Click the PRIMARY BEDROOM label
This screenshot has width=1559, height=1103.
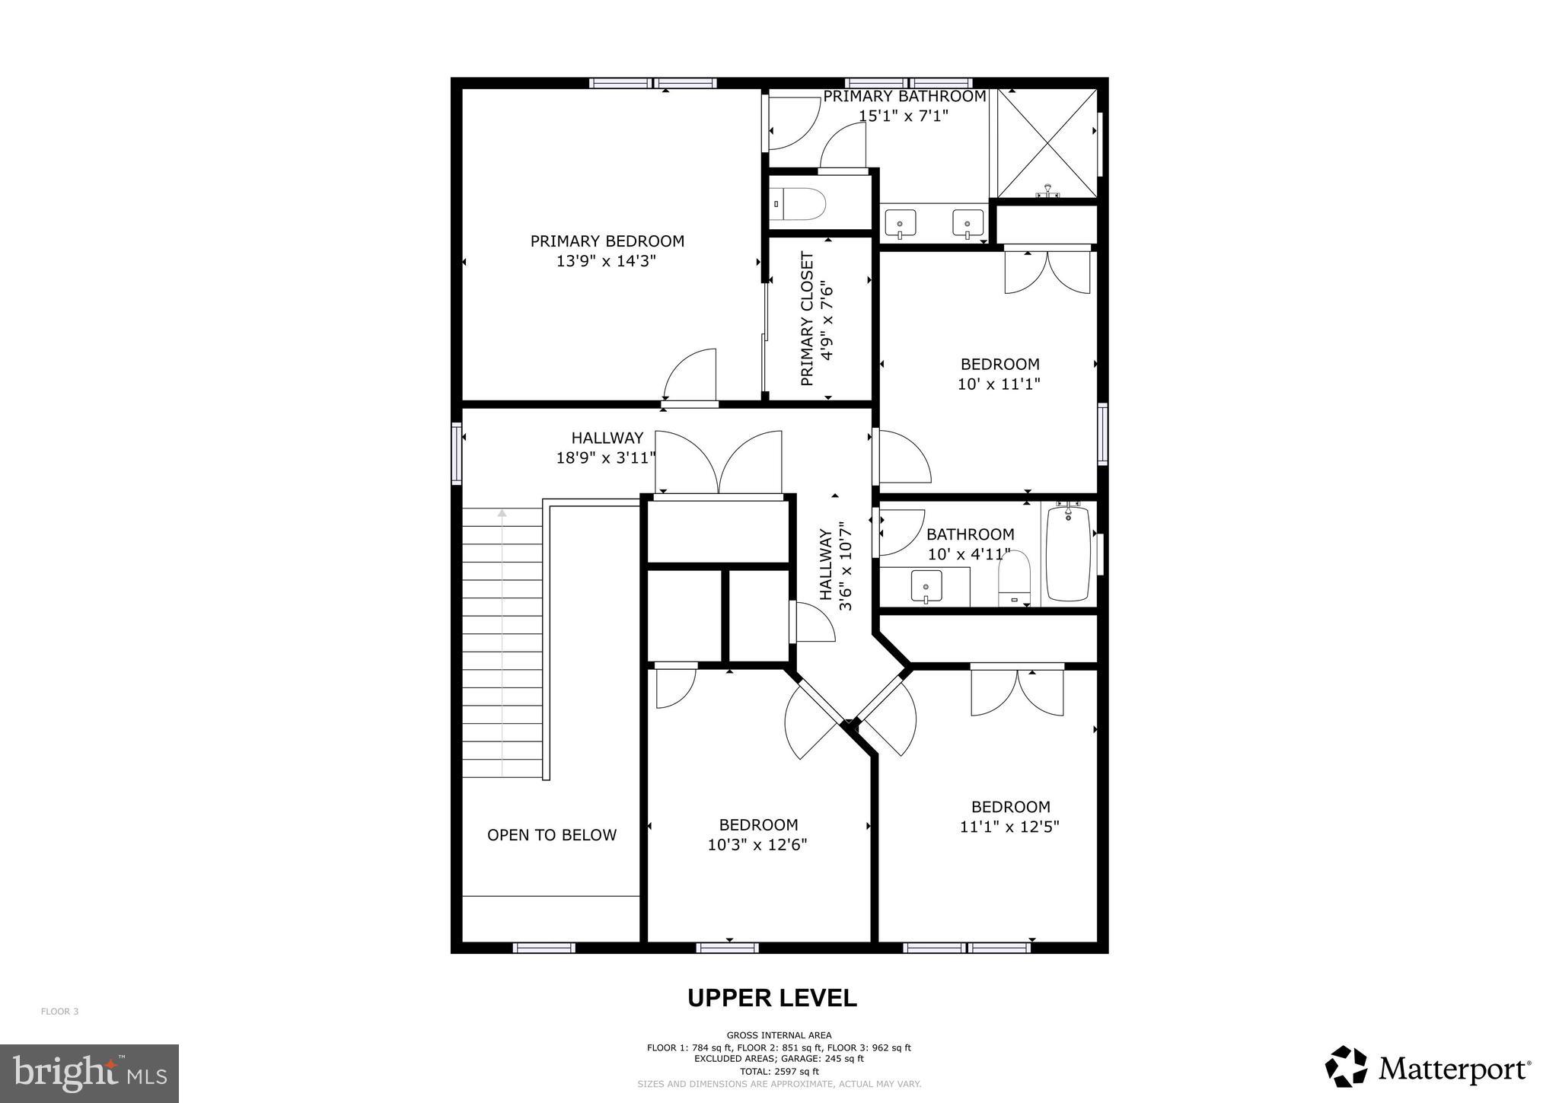click(x=607, y=241)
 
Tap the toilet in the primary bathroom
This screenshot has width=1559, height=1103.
click(x=798, y=203)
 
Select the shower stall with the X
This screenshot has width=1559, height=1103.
click(x=1047, y=142)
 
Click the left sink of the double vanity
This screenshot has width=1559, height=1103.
click(x=901, y=224)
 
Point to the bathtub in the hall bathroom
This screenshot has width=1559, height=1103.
click(x=1068, y=553)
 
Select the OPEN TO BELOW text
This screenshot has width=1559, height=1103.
click(x=551, y=835)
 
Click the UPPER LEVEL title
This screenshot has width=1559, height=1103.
click(x=772, y=997)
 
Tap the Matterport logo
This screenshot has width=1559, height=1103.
click(x=1427, y=1069)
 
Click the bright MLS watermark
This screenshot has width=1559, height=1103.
click(x=89, y=1073)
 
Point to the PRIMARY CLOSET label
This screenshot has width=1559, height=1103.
click(x=808, y=319)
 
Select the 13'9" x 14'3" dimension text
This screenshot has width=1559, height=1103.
click(x=606, y=261)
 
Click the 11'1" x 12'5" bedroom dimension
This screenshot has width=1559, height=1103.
click(x=1009, y=827)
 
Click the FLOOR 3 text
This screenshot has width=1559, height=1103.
click(x=59, y=1012)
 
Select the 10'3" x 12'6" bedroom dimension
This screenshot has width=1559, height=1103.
click(x=757, y=845)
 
